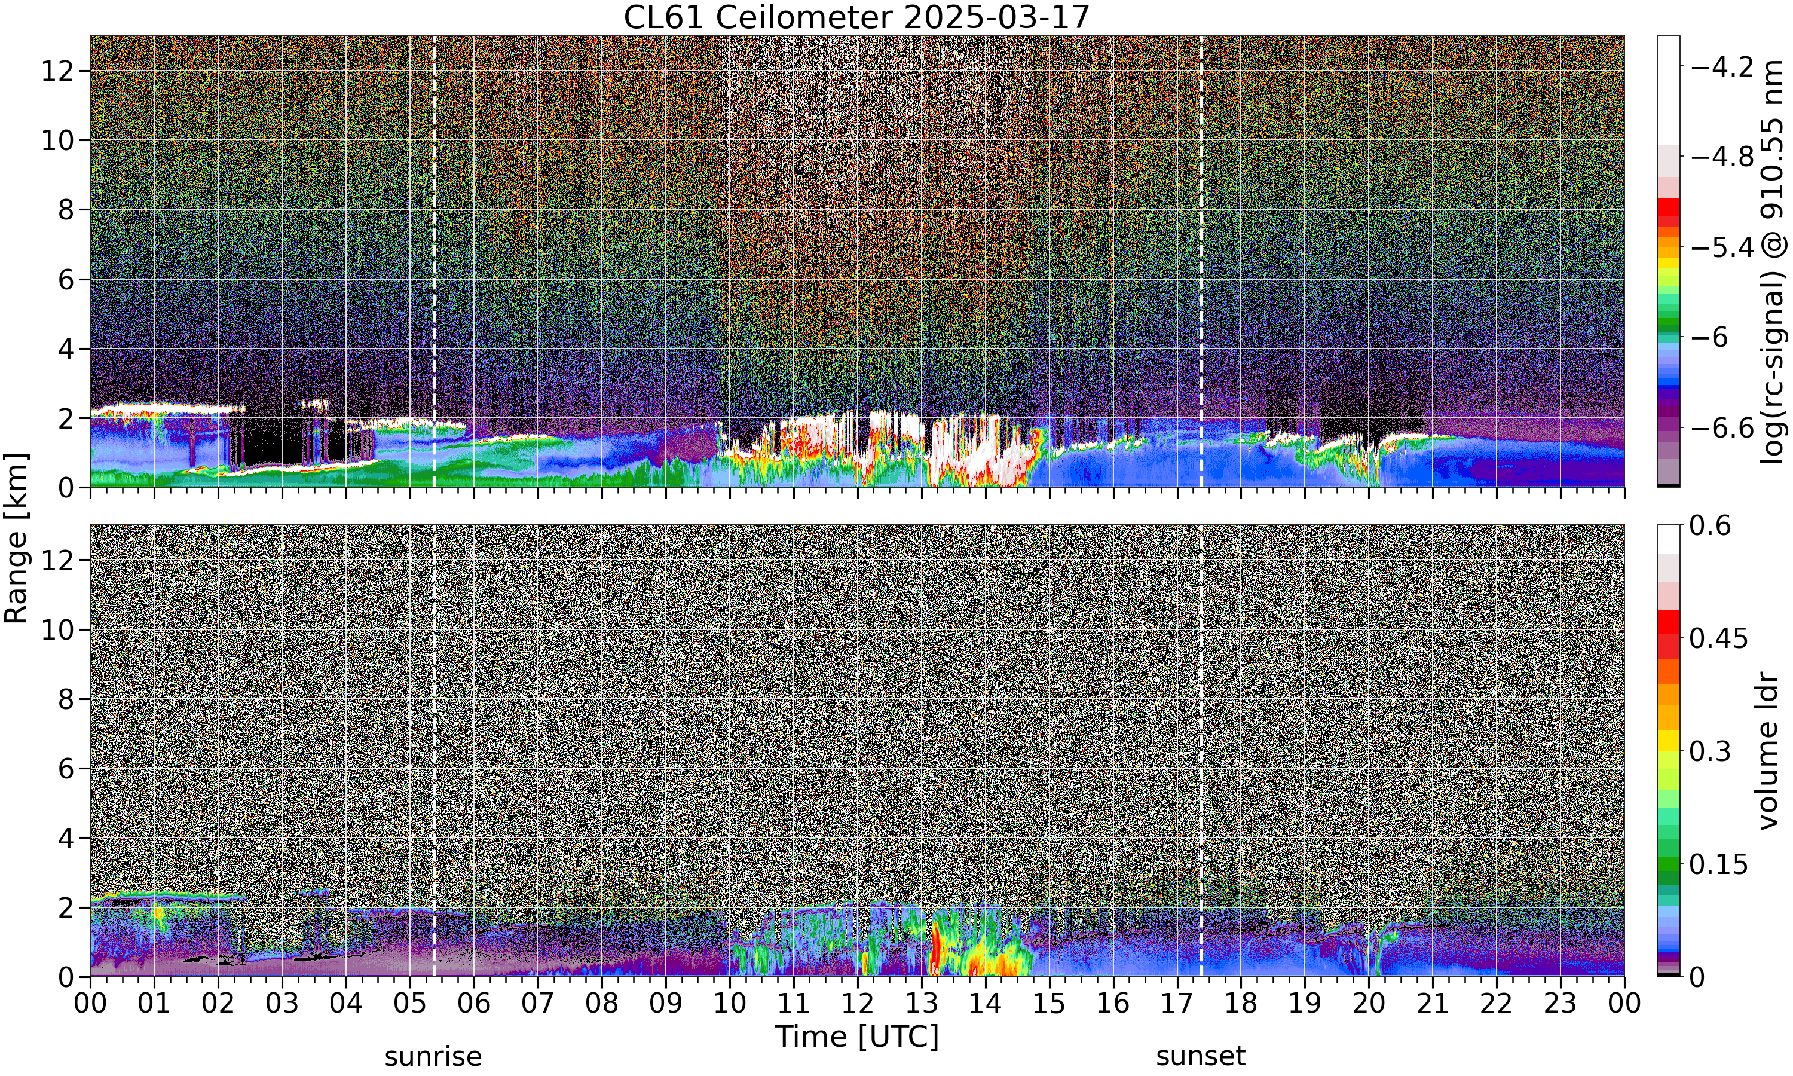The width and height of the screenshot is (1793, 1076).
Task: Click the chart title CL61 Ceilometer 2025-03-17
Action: (x=856, y=17)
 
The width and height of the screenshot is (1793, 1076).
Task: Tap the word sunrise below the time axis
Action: (x=433, y=1056)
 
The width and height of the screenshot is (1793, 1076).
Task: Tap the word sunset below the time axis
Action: (x=1201, y=1056)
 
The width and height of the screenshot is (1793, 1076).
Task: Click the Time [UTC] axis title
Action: (x=856, y=1037)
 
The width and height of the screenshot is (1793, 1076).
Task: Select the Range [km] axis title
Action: (x=16, y=538)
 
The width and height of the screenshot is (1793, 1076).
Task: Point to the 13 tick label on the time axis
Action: (x=921, y=1004)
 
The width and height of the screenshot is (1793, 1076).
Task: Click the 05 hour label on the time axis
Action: (x=410, y=1004)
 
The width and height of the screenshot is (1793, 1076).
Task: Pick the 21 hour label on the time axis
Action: (x=1432, y=1004)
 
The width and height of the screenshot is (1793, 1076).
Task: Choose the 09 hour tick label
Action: (x=665, y=1004)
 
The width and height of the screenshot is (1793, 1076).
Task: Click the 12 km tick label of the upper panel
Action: (x=57, y=71)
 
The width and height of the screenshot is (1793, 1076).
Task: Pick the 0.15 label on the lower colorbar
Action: (x=1719, y=864)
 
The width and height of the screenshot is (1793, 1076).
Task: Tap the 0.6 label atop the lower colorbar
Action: (x=1711, y=525)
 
